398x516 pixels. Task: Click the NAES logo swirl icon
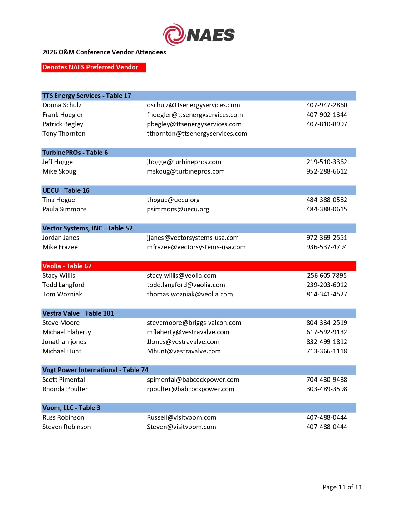pos(174,34)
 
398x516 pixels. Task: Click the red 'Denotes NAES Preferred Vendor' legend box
pos(93,67)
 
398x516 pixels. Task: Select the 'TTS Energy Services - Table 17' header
pos(87,96)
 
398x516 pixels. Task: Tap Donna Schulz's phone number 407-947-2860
pos(327,105)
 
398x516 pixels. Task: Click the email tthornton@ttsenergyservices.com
pos(197,134)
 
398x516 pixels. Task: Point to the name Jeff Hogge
pos(57,162)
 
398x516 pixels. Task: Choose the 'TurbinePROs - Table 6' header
pos(75,153)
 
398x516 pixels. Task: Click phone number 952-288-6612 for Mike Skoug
pos(327,171)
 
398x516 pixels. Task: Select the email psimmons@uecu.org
pos(178,209)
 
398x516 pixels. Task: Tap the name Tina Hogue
pos(59,200)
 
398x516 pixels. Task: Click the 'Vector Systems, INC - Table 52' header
pos(87,228)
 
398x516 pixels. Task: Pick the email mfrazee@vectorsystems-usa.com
pos(196,247)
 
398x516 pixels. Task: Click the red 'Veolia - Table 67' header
pos(67,266)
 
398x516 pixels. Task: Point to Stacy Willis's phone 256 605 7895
pos(327,276)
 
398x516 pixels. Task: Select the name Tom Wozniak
pos(62,294)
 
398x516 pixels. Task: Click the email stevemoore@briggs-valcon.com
pos(194,323)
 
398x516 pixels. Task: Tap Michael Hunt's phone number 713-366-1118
pos(327,351)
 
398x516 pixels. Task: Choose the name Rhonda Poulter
pos(65,389)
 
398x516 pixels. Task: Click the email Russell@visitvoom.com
pos(181,417)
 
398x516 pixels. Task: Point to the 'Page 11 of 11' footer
pos(342,487)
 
